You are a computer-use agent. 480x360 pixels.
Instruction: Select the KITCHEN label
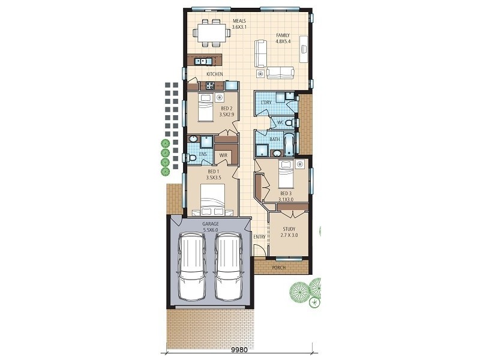pos(215,74)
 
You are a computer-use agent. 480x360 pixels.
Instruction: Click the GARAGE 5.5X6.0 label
pos(210,226)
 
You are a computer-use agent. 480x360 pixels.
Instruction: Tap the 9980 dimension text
pos(240,348)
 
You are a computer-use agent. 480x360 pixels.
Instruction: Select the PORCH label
pos(279,268)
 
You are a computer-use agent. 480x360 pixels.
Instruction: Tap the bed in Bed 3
pos(286,175)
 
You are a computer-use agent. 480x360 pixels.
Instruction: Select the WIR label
pos(223,155)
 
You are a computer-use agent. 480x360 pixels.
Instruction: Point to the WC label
pos(280,122)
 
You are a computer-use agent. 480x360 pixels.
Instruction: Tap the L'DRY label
pos(266,103)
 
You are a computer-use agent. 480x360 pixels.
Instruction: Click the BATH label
pos(274,140)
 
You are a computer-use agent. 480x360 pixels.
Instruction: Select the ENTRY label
pos(259,237)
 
